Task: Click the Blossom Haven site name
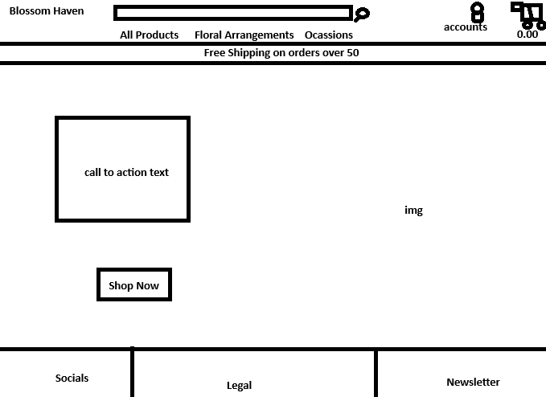pos(46,11)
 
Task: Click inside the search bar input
pos(232,13)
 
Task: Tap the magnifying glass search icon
pos(362,14)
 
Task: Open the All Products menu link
pos(149,35)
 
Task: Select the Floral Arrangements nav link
pos(244,35)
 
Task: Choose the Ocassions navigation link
pos(328,35)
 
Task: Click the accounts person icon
pos(478,12)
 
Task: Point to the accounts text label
pos(465,27)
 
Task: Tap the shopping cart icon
pos(528,14)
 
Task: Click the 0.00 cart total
pos(528,35)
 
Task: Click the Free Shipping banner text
pos(281,53)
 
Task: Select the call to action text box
pos(123,170)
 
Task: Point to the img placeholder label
pos(413,211)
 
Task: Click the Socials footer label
pos(72,378)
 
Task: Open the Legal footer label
pos(239,386)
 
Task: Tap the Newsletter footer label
pos(473,383)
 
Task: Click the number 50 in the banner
pos(352,53)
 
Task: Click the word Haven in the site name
pos(68,11)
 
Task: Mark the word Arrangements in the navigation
pos(261,35)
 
